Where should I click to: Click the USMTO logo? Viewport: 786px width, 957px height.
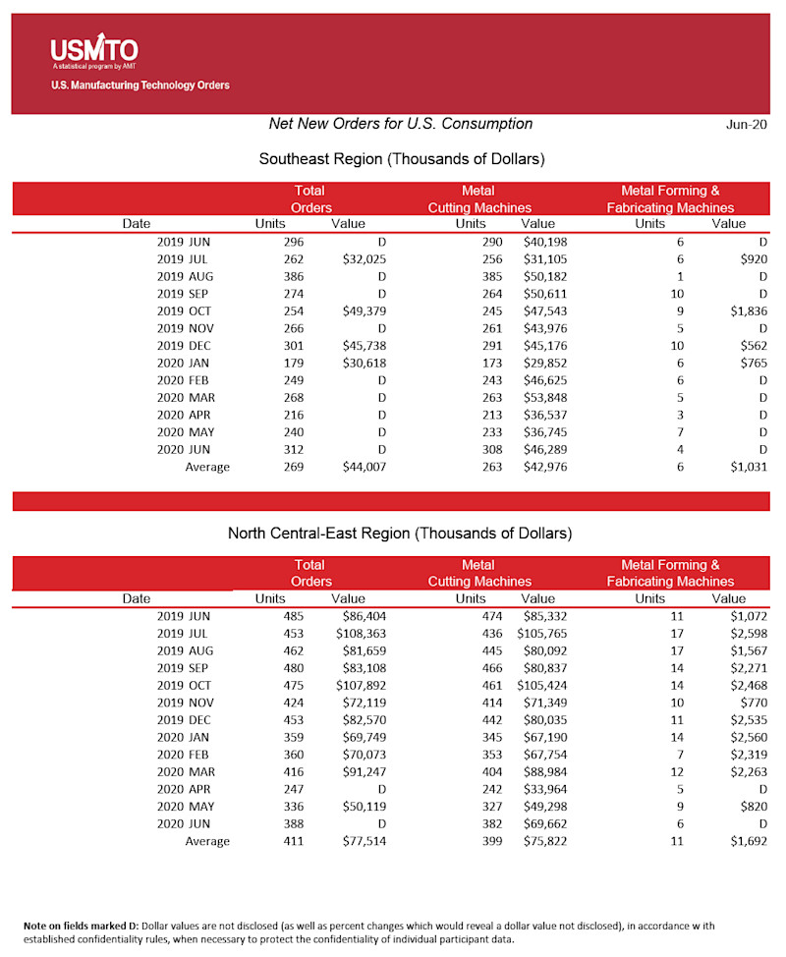click(94, 51)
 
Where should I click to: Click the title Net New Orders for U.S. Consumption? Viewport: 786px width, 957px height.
click(401, 124)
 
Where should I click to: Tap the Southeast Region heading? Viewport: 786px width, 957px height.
click(401, 158)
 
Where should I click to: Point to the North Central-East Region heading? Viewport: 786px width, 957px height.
click(399, 534)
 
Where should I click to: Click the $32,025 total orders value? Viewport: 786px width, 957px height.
click(364, 258)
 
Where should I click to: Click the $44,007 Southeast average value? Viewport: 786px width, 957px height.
click(364, 467)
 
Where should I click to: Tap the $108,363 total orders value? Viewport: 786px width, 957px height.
click(361, 634)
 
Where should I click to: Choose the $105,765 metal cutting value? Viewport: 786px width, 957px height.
click(541, 634)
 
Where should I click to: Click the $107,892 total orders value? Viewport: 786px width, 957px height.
click(361, 685)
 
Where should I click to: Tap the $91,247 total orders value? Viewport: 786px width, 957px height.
click(364, 771)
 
